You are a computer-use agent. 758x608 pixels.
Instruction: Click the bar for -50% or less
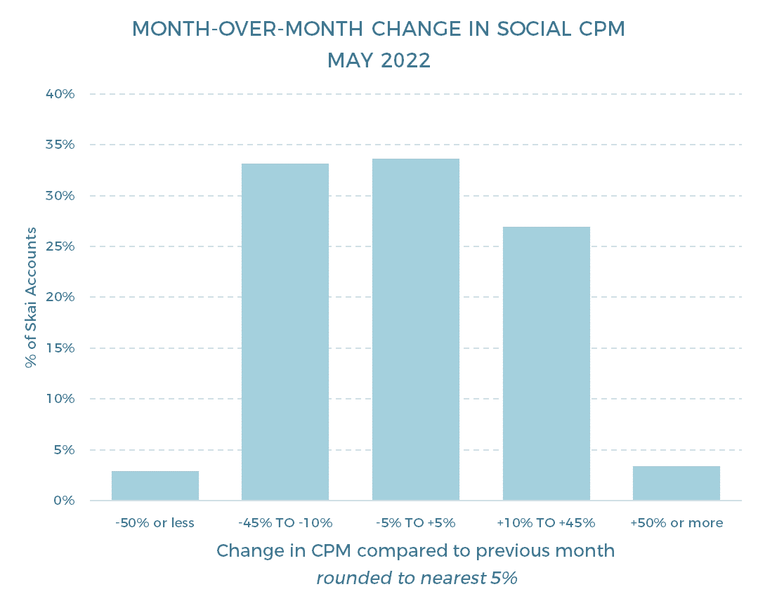[155, 485]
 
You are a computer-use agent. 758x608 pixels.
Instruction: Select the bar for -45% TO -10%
[285, 331]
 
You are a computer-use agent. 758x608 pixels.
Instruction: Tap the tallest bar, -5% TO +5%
[416, 329]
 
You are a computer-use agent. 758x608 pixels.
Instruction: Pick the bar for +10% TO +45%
[546, 363]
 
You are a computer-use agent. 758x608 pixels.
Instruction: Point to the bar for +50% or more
[676, 483]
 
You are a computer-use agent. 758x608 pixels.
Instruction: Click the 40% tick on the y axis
[61, 94]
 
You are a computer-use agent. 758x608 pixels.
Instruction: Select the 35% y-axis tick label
[61, 145]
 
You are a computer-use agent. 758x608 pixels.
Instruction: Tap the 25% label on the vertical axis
[61, 246]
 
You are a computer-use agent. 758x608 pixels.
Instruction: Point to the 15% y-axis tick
[61, 348]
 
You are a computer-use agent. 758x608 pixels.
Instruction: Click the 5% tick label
[64, 449]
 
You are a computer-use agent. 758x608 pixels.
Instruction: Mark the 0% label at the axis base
[64, 501]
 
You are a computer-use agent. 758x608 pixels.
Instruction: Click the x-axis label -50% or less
[155, 523]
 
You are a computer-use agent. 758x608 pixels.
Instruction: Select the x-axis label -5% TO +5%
[416, 523]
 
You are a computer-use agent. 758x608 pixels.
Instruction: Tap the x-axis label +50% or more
[677, 523]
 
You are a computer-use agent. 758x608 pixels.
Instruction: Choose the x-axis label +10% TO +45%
[546, 523]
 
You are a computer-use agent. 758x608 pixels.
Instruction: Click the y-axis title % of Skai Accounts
[30, 297]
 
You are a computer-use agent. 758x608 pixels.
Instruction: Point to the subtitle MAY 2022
[379, 61]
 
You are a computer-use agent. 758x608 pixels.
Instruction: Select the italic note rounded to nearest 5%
[416, 579]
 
